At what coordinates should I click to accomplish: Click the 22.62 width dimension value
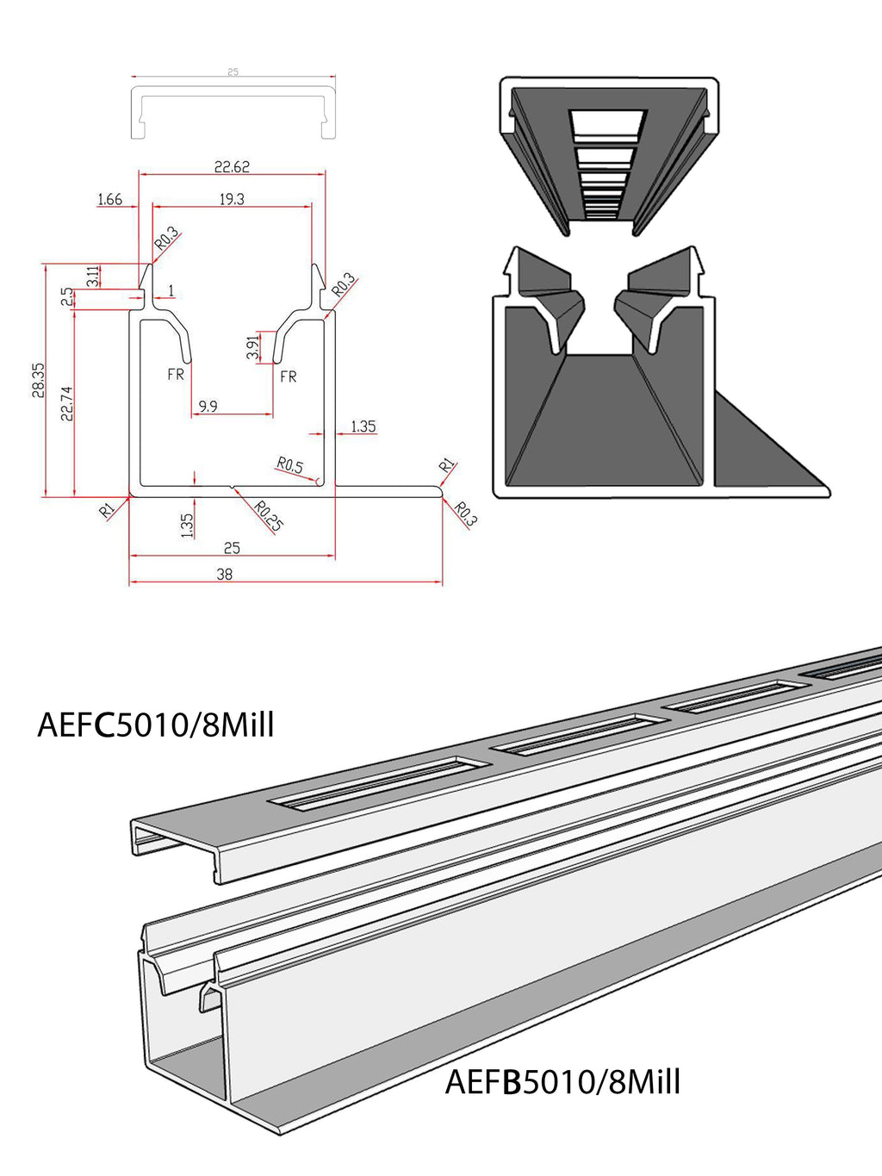coord(232,167)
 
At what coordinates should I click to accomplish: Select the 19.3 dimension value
coord(232,199)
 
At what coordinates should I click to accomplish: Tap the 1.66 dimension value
coord(109,200)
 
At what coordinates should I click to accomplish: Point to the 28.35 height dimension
coord(39,380)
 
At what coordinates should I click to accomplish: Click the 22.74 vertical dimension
coord(67,403)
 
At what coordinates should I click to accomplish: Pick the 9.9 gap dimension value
coord(208,406)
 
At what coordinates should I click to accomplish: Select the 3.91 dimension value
coord(253,347)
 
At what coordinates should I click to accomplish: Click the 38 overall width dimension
coord(225,574)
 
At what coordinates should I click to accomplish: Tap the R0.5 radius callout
coord(290,466)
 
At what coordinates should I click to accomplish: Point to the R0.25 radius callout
coord(269,515)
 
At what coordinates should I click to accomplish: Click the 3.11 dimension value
coord(92,277)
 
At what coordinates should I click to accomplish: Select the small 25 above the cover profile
coord(233,72)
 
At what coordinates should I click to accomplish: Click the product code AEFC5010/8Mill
coord(156,725)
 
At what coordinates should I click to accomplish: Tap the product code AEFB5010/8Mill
coord(562,1081)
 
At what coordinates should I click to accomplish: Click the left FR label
coord(176,374)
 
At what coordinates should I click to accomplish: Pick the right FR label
coord(289,376)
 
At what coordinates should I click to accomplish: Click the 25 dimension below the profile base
coord(232,548)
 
